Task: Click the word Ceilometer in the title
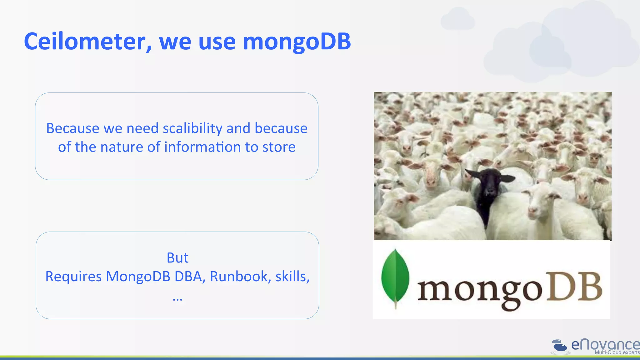84,42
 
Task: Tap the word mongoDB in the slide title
297,42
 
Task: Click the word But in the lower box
177,258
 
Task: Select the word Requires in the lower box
73,277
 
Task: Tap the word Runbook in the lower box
239,277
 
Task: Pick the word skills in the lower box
291,277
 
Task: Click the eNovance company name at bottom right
605,345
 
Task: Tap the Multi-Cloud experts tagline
617,352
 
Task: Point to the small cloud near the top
457,19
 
